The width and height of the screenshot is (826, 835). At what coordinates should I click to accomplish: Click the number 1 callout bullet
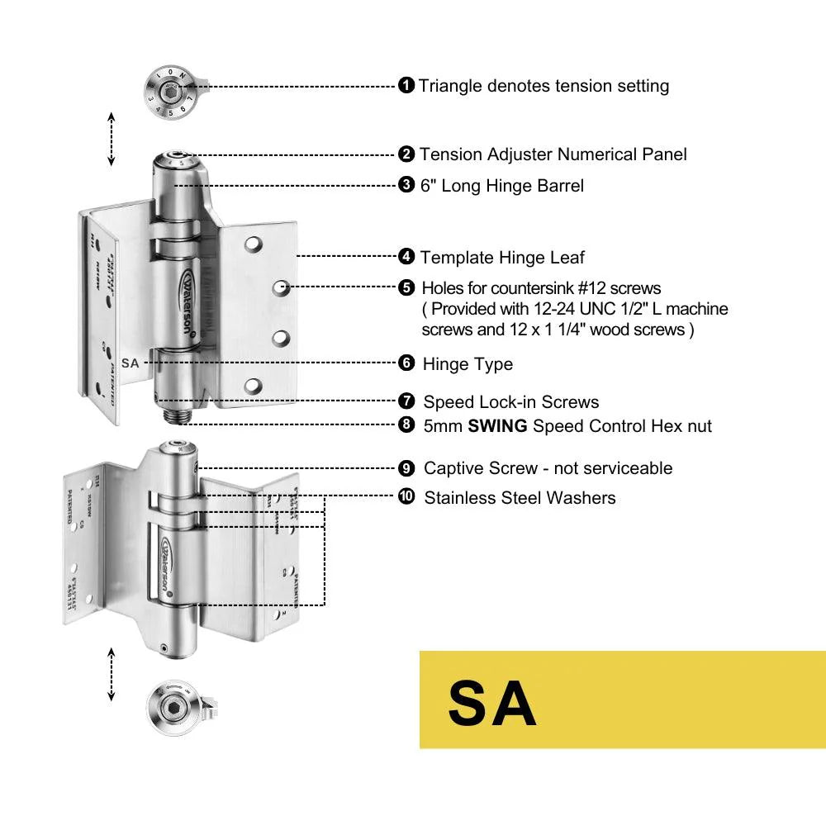tap(406, 85)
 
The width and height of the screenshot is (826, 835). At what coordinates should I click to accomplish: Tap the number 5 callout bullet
tap(406, 287)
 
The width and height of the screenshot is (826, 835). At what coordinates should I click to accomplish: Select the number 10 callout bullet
tap(406, 497)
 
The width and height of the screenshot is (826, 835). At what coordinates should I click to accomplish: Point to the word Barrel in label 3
tap(560, 186)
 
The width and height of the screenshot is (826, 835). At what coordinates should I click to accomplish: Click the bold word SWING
tap(498, 426)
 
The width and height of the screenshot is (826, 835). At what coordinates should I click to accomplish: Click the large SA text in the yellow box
tap(492, 703)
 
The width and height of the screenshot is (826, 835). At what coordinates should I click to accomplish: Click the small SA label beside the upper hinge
tap(130, 363)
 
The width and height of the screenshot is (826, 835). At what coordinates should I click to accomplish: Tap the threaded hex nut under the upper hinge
tap(176, 413)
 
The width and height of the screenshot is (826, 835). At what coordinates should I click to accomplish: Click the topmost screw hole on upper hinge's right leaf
tap(254, 244)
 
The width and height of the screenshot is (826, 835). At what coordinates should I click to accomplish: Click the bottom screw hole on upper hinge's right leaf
tap(254, 384)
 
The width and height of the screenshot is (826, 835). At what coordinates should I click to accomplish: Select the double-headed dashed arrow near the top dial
tap(112, 139)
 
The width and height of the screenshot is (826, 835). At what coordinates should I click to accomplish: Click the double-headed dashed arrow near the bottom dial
tap(112, 675)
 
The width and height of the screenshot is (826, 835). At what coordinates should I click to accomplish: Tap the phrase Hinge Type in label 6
tap(468, 364)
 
